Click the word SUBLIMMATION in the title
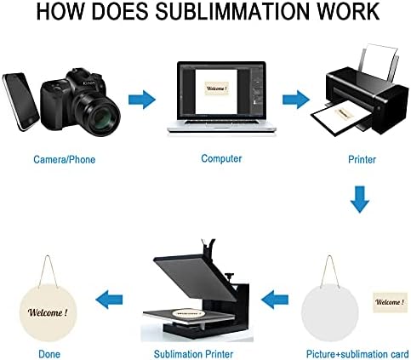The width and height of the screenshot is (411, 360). pos(231,11)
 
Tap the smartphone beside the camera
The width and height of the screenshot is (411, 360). pos(20,101)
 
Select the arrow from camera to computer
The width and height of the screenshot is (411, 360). pos(142,100)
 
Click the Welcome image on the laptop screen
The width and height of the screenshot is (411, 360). pos(216,89)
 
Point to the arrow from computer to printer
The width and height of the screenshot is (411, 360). pos(296,100)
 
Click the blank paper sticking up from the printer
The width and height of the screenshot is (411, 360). pos(379,62)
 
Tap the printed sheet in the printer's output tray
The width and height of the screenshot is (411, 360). pos(340,117)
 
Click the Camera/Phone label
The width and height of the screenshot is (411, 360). pos(65,159)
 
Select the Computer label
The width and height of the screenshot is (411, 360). pos(221,158)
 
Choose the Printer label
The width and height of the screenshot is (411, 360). pos(362,159)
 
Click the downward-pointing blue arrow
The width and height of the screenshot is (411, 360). pos(360,199)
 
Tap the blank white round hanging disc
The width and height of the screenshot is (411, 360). pos(329,312)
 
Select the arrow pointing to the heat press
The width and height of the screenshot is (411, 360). pos(275,300)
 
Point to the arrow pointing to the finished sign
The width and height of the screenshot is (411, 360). pos(109,300)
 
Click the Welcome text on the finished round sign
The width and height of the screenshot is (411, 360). pos(48,312)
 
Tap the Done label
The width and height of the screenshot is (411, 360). pos(49,354)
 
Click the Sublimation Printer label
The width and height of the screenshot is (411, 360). pos(193,354)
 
